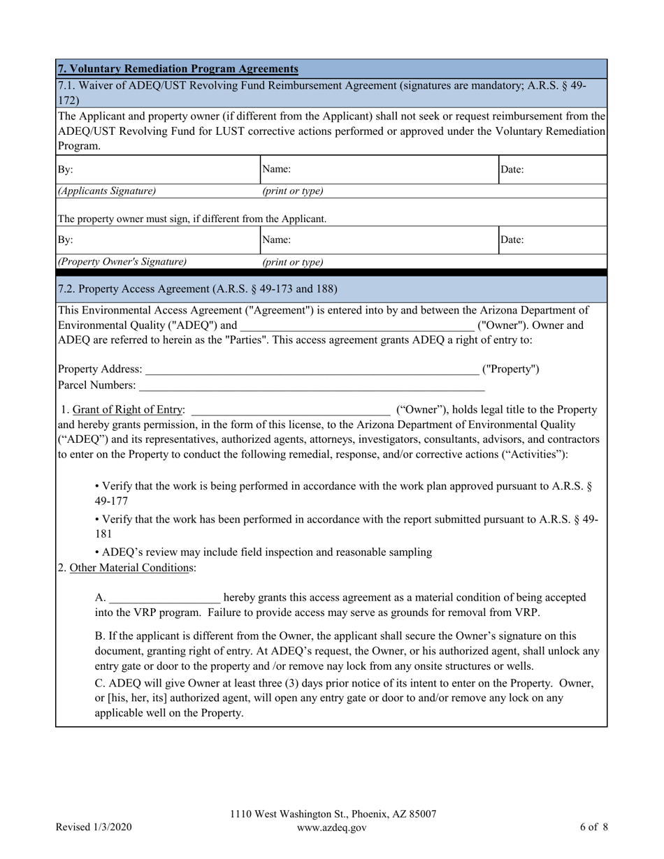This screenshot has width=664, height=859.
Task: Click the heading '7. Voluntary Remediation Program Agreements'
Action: point(178,68)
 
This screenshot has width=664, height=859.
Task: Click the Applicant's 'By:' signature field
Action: point(158,170)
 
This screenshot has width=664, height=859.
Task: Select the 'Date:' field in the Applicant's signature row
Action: point(552,170)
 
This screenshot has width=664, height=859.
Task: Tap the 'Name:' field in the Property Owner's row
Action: point(378,240)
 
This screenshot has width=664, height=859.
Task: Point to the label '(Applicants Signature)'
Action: point(107,191)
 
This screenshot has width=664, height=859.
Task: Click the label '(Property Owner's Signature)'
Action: point(122,262)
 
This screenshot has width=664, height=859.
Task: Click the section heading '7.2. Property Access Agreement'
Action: point(197,288)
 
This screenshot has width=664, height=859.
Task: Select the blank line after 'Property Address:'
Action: point(312,369)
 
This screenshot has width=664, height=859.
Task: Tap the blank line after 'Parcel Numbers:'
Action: point(311,385)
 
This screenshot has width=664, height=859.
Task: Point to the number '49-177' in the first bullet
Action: point(111,501)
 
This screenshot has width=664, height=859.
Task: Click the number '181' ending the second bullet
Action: point(103,534)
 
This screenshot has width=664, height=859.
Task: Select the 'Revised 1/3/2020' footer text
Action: point(94,828)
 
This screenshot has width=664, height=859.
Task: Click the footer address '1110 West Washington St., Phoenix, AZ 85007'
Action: point(333,814)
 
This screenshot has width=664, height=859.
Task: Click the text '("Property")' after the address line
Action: point(511,369)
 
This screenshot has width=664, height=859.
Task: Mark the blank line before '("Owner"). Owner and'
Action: point(356,325)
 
